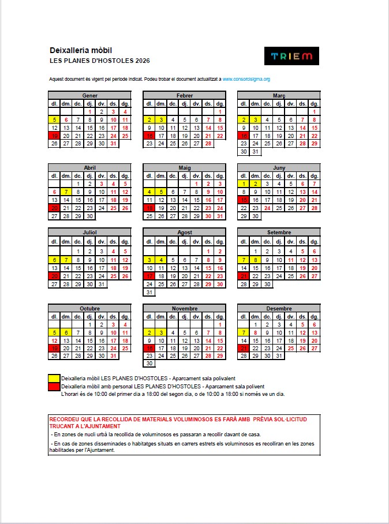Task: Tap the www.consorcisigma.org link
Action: click(246, 78)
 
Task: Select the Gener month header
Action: click(89, 95)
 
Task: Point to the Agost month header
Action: click(185, 232)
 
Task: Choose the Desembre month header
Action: click(279, 308)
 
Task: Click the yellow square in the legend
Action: click(54, 379)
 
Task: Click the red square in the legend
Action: click(54, 386)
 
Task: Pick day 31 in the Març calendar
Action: click(255, 152)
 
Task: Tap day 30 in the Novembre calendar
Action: click(149, 364)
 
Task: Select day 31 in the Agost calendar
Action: click(149, 292)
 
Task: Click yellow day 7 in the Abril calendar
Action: click(66, 192)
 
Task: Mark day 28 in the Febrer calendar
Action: click(208, 144)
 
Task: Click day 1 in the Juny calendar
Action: click(244, 184)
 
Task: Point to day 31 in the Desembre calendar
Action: click(279, 356)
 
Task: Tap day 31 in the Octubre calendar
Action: click(113, 356)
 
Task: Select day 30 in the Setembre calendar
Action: click(267, 285)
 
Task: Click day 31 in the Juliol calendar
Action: click(102, 285)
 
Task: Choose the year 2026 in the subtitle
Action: click(142, 61)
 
